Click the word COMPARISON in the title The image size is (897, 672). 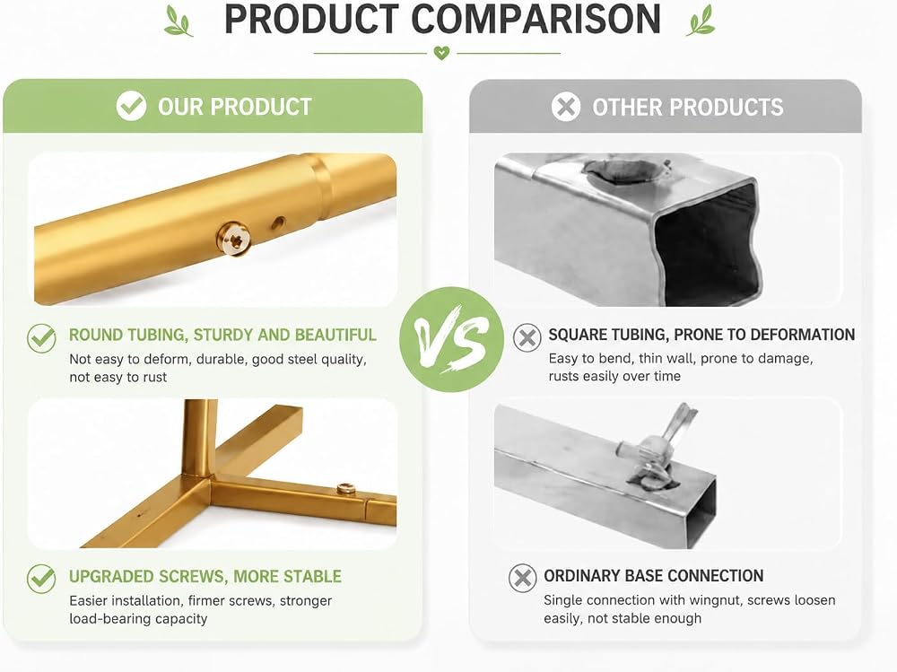point(536,19)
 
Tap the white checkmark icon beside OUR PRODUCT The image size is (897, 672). point(131,106)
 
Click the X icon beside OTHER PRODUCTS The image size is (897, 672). point(566,107)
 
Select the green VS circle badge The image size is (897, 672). point(451,339)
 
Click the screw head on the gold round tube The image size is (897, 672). point(233,239)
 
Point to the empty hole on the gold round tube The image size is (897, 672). point(279,223)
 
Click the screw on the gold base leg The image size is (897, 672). point(345,488)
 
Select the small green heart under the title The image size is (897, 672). point(441,53)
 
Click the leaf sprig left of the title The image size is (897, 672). point(179,21)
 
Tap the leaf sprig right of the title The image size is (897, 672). point(701,21)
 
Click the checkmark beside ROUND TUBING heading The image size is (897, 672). point(41,338)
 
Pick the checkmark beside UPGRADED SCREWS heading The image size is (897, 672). point(41,579)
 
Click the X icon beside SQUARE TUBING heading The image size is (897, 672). point(527,337)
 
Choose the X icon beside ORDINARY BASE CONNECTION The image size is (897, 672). point(522,578)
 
